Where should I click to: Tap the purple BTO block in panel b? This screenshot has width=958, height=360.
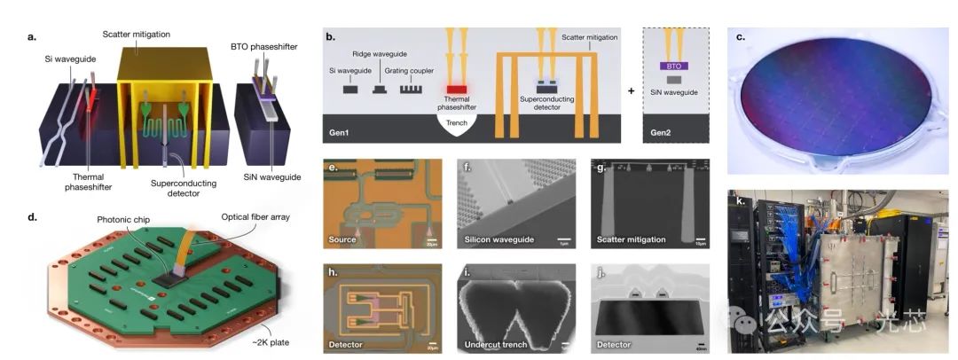(675, 66)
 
